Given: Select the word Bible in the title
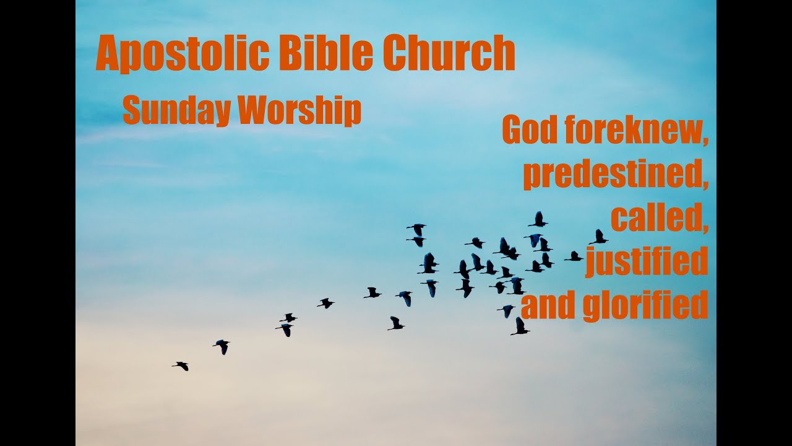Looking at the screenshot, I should coord(325,53).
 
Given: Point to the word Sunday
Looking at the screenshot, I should coord(176,111).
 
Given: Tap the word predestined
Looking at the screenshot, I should coord(613,176).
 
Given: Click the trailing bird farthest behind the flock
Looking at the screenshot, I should coord(181,365).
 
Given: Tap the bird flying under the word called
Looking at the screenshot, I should coord(598,237).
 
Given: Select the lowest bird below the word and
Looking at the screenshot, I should coord(520,327).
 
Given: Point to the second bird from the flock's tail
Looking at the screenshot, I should coord(222,346).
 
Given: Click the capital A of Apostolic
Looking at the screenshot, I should coord(108,55).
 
